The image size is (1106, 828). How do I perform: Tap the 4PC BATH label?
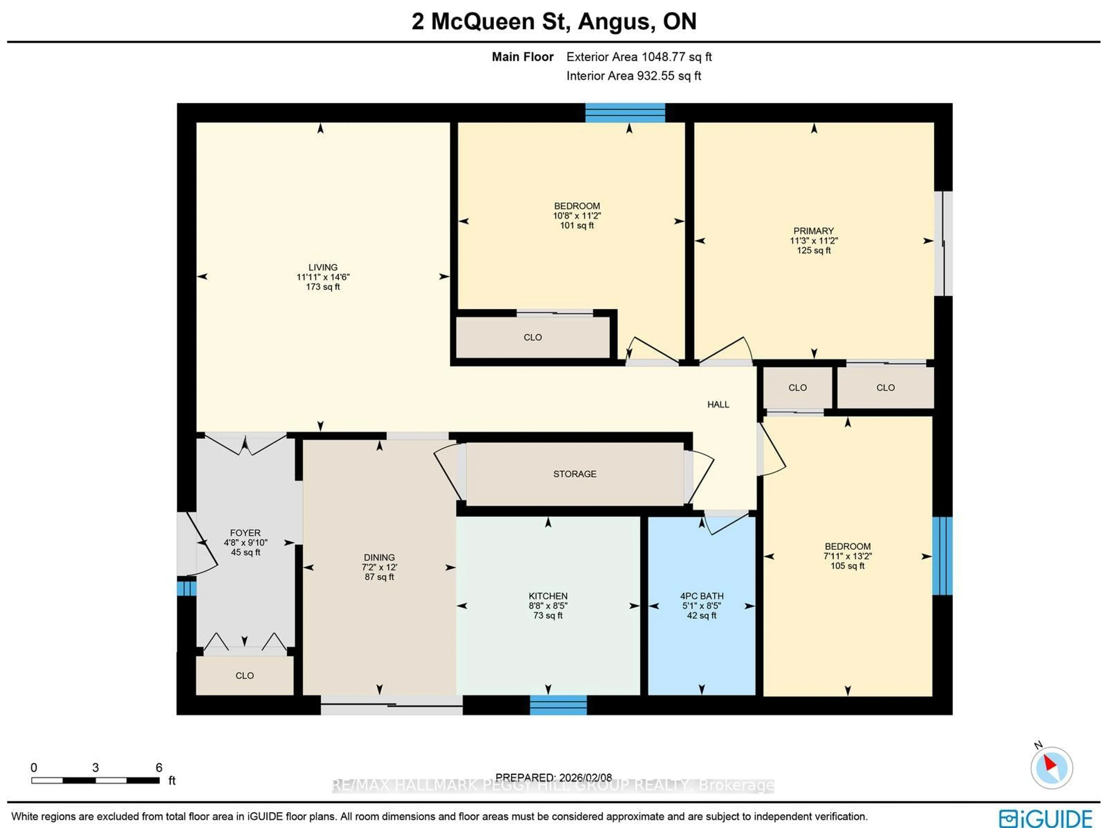click(702, 596)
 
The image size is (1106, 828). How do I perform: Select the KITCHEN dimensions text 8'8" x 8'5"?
click(548, 605)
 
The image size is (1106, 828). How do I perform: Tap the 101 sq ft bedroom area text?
click(577, 226)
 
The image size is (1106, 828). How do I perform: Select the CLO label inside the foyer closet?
click(245, 675)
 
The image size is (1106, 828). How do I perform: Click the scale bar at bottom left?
click(96, 780)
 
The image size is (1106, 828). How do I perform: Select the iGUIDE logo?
click(1046, 818)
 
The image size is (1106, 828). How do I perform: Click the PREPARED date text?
click(554, 778)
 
